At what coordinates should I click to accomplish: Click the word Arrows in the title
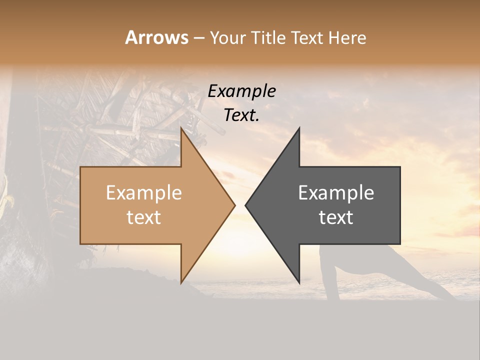tap(157, 37)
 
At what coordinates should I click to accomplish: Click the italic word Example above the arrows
tap(242, 91)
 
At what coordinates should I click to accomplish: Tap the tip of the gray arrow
tap(246, 205)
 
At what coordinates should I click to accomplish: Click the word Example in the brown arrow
tap(144, 193)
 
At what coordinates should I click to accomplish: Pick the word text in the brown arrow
tap(144, 217)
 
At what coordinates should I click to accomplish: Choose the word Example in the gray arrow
tap(336, 193)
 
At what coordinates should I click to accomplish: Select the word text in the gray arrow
tap(336, 217)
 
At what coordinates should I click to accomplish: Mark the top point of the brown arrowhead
tap(181, 129)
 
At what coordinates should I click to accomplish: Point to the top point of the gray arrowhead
tap(298, 129)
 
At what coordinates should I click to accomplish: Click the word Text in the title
tap(306, 38)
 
